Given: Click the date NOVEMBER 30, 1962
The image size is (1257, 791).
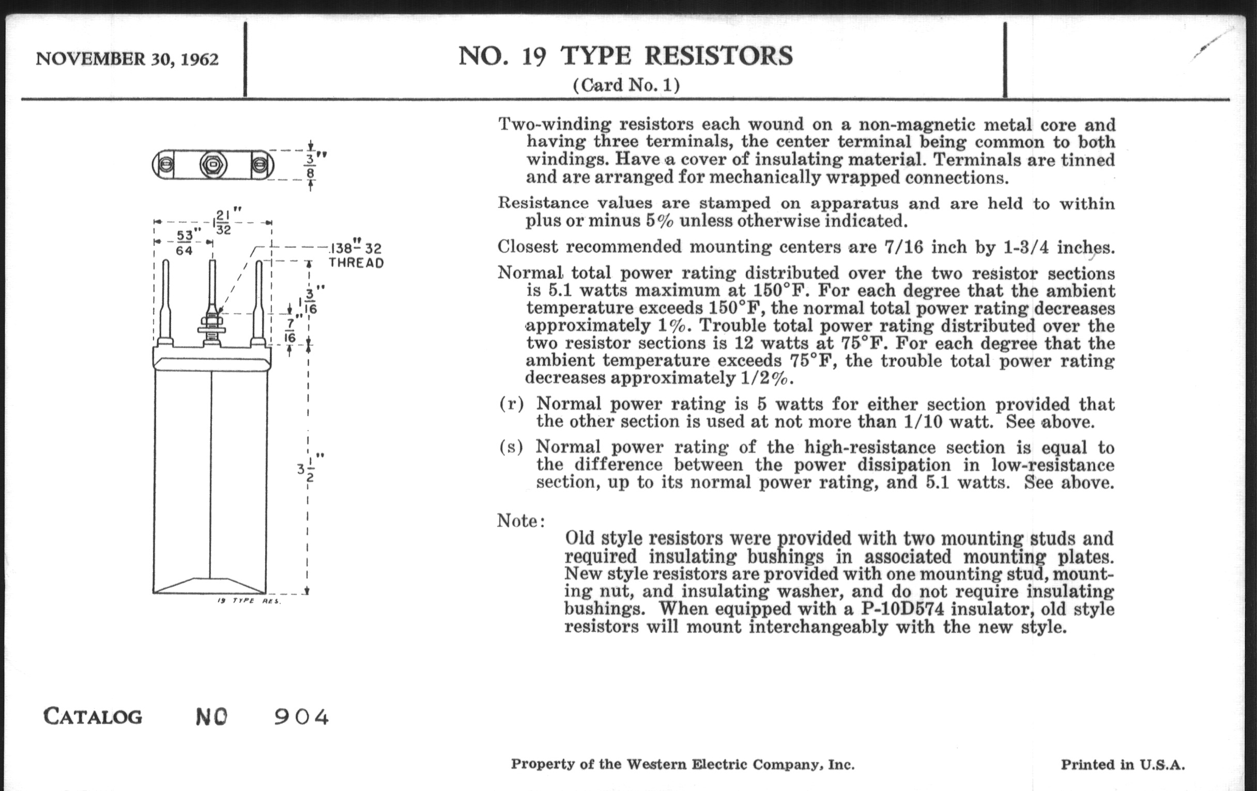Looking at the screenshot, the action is tap(127, 59).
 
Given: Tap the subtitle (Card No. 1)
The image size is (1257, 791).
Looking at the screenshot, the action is tap(626, 85).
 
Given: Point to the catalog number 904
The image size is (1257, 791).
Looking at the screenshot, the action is tap(302, 717).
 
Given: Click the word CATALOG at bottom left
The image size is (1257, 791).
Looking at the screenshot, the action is tap(93, 717).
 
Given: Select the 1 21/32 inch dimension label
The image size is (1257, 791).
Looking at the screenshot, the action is tap(226, 221).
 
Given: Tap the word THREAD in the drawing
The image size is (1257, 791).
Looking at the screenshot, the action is tap(356, 263).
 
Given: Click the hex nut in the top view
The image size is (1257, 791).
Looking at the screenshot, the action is tap(212, 165).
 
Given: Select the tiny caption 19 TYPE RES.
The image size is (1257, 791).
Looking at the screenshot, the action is tap(249, 601).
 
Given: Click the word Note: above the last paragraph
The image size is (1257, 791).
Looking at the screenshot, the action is tap(521, 521).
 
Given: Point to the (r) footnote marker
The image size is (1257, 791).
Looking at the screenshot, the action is tap(511, 404).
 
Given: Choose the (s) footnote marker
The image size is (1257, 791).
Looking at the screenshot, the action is tap(511, 447).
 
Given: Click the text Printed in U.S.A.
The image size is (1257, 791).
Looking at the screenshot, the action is tap(1123, 765).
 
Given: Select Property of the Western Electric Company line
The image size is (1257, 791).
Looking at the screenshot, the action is tap(683, 765).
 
